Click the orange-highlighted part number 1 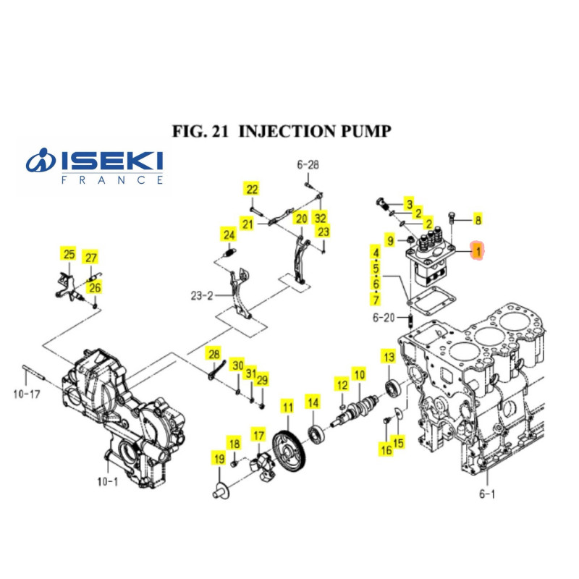[x=478, y=250]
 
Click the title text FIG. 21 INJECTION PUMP [x=282, y=131]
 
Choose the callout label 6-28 [x=308, y=165]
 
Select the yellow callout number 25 [x=69, y=254]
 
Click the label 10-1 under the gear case [x=107, y=481]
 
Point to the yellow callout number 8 [x=477, y=219]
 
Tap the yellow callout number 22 [x=251, y=190]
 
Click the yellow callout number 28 [x=214, y=354]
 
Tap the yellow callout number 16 [x=386, y=450]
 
